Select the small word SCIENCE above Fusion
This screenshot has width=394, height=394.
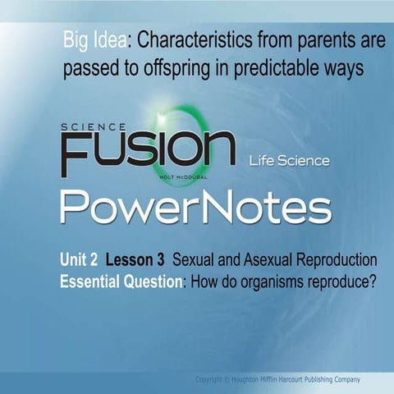tap(93, 127)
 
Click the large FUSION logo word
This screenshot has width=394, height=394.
tap(148, 153)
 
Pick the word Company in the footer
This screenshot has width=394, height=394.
tap(365, 379)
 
